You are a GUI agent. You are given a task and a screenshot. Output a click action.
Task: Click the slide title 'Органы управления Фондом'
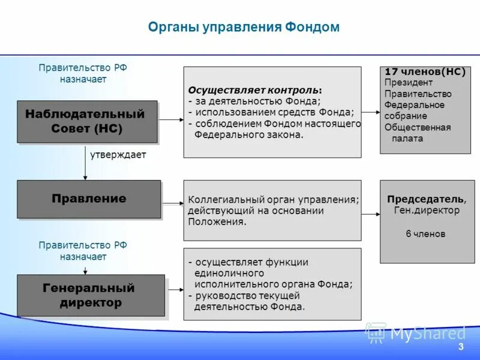point(244,27)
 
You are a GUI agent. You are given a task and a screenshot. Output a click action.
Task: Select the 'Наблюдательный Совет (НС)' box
point(87,121)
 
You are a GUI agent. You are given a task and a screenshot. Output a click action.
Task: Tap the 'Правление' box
point(89,199)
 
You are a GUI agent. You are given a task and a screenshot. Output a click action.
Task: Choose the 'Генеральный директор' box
point(91,295)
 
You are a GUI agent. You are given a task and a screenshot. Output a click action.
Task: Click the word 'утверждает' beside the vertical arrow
point(118,155)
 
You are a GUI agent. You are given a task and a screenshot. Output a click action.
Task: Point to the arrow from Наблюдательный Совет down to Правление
point(85,162)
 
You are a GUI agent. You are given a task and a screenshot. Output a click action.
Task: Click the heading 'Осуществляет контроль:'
point(255,90)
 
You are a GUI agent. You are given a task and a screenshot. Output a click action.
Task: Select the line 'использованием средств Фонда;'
point(273,112)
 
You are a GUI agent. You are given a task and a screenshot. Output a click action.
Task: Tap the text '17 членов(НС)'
point(425,72)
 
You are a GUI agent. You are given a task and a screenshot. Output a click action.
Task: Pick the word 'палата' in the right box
point(407,139)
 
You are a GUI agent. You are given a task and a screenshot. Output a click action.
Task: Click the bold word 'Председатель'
point(425,199)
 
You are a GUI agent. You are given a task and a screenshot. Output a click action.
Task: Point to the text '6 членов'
point(425,234)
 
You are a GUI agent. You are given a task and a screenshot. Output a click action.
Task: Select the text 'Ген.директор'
point(427,211)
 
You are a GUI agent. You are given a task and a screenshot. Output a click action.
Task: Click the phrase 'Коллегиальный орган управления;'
point(274,200)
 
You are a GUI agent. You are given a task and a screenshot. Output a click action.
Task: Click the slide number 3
point(461,347)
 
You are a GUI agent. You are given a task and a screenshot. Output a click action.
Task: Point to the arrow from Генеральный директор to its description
point(174,290)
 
